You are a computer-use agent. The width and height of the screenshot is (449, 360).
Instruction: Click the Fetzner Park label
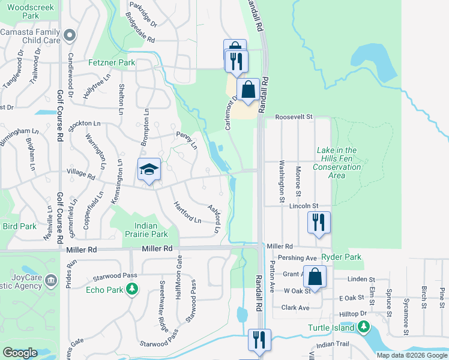(x=110, y=62)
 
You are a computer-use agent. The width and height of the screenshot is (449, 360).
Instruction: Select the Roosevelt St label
(x=295, y=118)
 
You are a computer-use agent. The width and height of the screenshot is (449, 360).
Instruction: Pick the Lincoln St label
(x=302, y=206)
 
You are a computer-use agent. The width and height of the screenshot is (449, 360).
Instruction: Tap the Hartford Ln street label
(x=187, y=211)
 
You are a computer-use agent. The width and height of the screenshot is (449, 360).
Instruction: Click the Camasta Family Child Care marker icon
(x=69, y=35)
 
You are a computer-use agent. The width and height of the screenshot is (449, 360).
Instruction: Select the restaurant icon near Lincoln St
(x=319, y=222)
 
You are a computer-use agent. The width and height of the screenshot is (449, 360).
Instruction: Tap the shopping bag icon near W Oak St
(x=315, y=277)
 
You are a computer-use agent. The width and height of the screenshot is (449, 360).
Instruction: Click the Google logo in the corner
(x=20, y=353)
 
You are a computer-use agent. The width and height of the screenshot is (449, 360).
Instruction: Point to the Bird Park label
(x=19, y=226)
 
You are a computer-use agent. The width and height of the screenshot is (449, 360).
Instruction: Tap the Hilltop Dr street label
(x=354, y=314)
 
